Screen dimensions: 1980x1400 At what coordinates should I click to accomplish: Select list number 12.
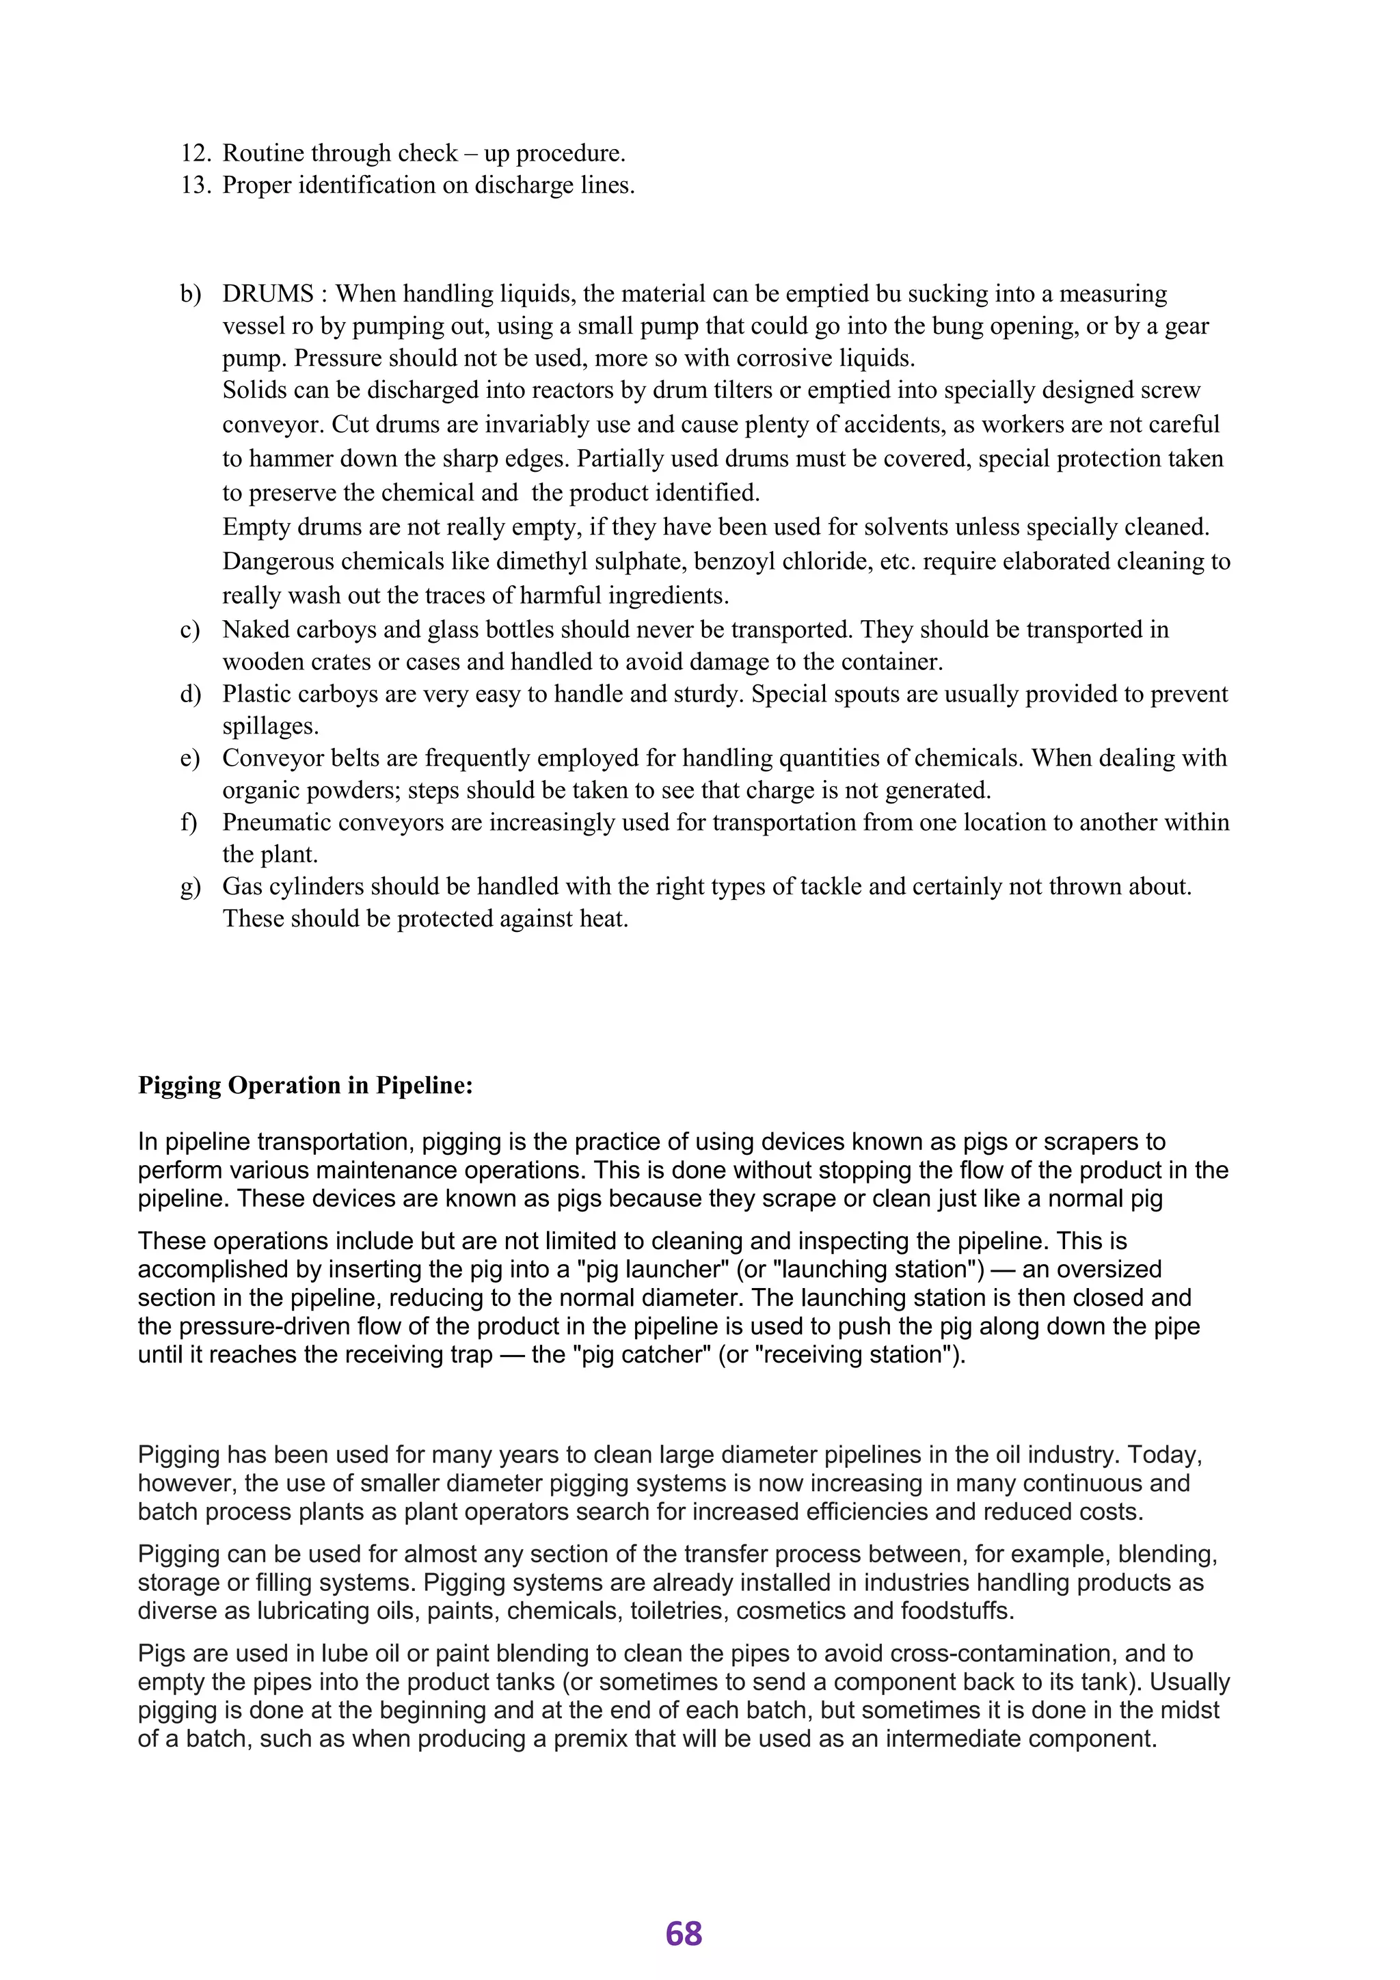pyautogui.click(x=196, y=154)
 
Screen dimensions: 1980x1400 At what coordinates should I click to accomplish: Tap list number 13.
pyautogui.click(x=196, y=185)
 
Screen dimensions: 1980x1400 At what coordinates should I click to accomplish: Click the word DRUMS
pyautogui.click(x=268, y=294)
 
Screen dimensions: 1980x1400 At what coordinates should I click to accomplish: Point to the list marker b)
pyautogui.click(x=191, y=294)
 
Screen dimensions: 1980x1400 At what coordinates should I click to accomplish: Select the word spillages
pyautogui.click(x=270, y=727)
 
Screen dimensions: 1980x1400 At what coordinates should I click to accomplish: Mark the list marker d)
pyautogui.click(x=191, y=694)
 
